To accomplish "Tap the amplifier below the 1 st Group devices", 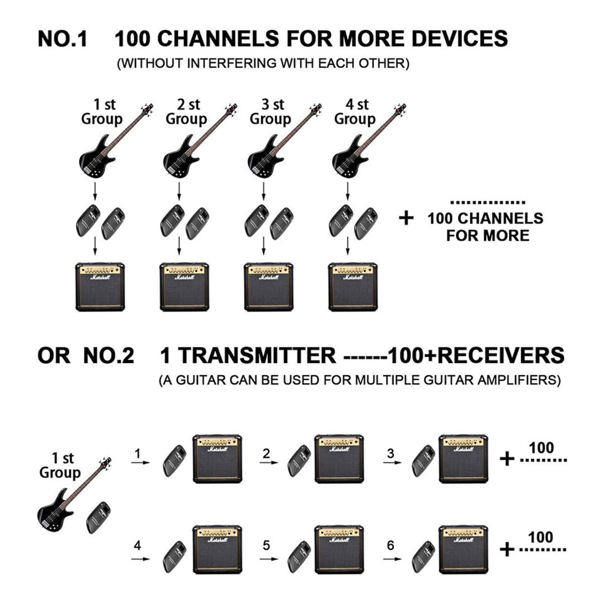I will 100,286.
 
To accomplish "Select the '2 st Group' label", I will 186,112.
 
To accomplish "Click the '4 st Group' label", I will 355,112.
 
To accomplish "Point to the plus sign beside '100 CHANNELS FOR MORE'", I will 406,218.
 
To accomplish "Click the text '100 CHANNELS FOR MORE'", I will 485,226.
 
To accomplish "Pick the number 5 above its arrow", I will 266,544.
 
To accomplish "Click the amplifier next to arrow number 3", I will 463,459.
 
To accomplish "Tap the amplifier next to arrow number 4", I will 217,549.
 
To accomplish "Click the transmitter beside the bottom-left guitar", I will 98,517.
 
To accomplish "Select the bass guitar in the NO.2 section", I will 67,501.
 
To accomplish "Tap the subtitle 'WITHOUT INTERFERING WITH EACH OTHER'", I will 263,63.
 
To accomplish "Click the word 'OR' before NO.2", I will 54,356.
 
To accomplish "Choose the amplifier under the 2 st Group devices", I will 185,286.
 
